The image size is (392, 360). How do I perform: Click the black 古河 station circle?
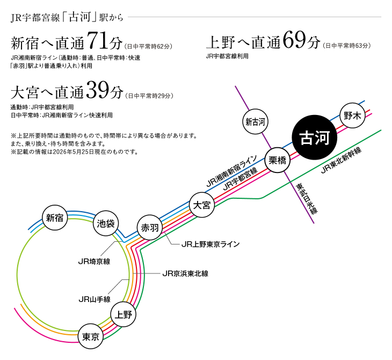click(315, 138)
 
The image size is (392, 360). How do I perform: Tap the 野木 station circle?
click(352, 116)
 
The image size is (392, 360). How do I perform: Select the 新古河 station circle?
click(255, 122)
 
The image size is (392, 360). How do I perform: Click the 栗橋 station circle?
click(278, 160)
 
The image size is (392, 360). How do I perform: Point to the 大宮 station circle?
click(202, 205)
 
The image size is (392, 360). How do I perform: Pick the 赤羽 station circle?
click(150, 227)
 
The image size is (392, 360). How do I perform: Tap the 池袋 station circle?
click(106, 224)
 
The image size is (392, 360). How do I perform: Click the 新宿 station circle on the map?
click(55, 218)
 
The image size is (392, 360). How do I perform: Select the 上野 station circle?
click(124, 314)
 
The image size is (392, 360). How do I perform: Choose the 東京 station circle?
click(91, 337)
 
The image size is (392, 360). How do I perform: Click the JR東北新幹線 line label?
click(341, 161)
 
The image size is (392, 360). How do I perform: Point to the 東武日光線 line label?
click(307, 198)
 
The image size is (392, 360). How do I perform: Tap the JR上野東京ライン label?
click(210, 244)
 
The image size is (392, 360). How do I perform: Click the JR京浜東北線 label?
click(185, 273)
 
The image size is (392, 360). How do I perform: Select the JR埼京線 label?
click(95, 262)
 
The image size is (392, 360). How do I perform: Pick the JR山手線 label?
click(95, 299)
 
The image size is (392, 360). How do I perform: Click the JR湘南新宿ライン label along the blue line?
click(232, 171)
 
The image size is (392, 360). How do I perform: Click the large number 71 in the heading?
click(98, 41)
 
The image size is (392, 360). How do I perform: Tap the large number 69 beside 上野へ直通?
click(294, 40)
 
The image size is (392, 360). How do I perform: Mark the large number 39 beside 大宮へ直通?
click(98, 90)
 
